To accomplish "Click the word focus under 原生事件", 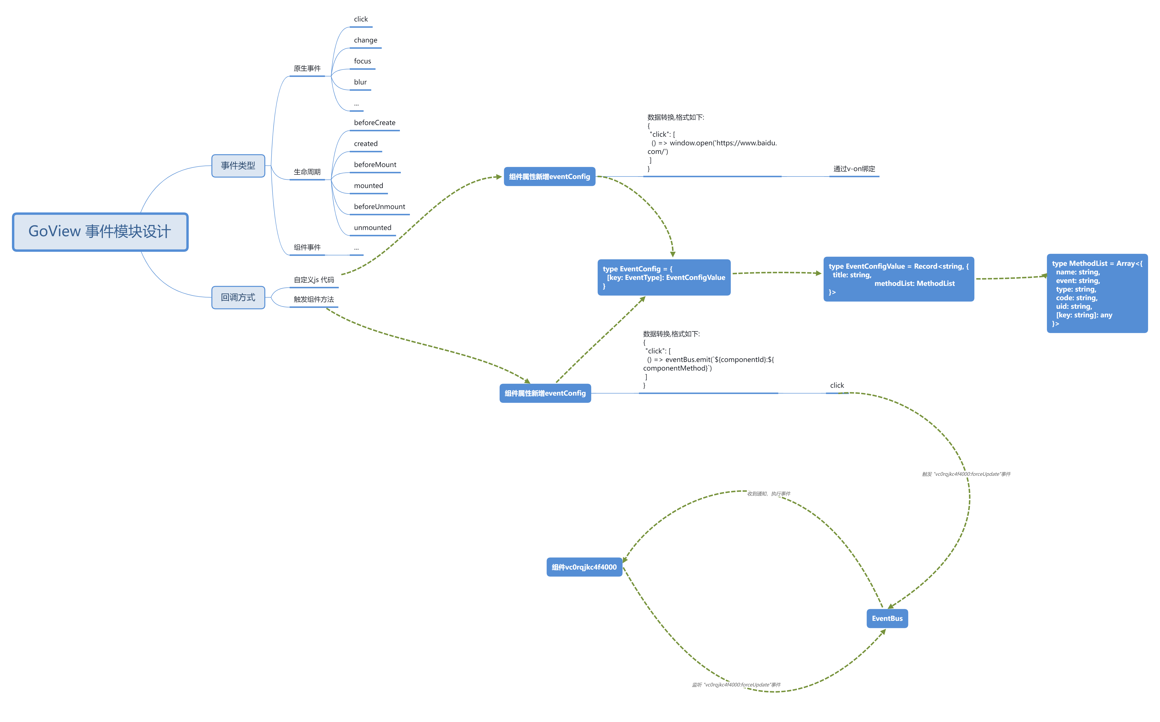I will click(362, 61).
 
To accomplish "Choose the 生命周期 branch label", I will click(307, 172).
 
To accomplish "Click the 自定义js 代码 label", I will click(314, 280).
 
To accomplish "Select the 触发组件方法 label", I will click(314, 299).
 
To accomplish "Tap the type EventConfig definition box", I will click(664, 277).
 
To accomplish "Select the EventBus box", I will click(887, 618).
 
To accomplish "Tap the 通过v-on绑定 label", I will click(854, 169).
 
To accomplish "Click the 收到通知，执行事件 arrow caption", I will click(768, 494).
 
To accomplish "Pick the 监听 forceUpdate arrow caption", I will click(736, 685).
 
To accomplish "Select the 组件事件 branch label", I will click(307, 247).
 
